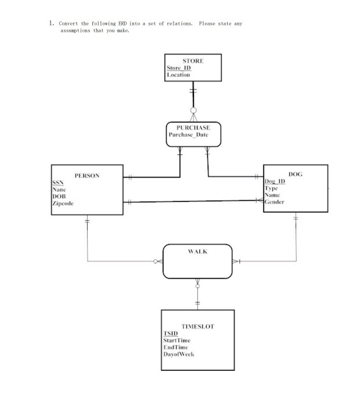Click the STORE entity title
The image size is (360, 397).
tap(193, 60)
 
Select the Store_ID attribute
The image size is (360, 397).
tap(178, 68)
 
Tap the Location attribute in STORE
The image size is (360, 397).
tap(178, 75)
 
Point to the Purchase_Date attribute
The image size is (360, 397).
tap(188, 135)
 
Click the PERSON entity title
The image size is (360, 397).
tap(87, 175)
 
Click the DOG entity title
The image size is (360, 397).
tap(295, 174)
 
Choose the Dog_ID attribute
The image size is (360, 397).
tap(275, 182)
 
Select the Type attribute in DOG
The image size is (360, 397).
tap(271, 189)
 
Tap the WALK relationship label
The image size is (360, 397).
tap(197, 252)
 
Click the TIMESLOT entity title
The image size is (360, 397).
tap(197, 327)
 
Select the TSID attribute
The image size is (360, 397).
tap(170, 334)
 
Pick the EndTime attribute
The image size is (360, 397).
tap(176, 347)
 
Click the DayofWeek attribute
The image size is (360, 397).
tap(178, 353)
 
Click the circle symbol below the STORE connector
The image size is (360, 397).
tap(193, 110)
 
